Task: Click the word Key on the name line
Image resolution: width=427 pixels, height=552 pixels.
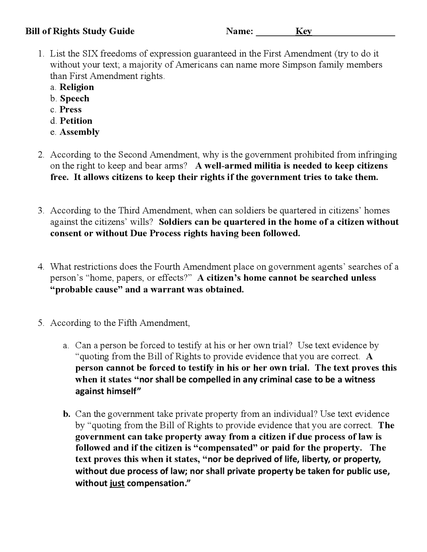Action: tap(303, 31)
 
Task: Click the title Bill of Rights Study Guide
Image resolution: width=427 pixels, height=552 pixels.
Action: tap(80, 31)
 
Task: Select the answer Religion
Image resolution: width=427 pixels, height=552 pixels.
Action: tap(77, 87)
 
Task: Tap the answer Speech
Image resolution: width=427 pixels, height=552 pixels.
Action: tap(75, 98)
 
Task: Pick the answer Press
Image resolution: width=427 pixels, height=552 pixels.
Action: tap(70, 109)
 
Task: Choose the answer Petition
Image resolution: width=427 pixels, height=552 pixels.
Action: tap(76, 121)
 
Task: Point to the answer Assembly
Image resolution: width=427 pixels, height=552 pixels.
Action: tap(79, 132)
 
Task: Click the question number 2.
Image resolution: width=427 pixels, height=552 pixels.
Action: tap(41, 155)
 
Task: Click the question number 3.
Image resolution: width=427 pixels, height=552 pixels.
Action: tap(41, 211)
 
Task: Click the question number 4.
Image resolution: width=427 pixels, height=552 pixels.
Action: tap(41, 267)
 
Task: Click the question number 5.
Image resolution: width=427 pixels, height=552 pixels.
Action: tap(41, 323)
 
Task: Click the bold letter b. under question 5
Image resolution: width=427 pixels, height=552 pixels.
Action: tap(67, 414)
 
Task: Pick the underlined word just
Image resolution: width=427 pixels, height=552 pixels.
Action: tap(117, 483)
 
